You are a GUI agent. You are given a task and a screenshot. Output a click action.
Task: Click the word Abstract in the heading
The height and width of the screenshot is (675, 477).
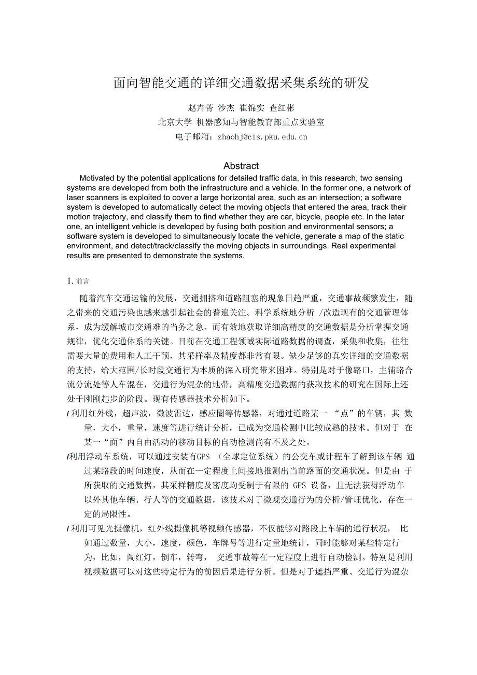[x=241, y=166]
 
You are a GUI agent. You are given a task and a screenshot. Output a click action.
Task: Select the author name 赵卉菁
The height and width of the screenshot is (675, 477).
[x=200, y=108]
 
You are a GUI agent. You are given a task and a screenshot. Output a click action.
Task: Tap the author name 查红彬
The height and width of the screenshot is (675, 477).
[x=282, y=108]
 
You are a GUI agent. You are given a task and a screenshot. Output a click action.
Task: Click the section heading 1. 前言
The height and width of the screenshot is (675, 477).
[x=78, y=281]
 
